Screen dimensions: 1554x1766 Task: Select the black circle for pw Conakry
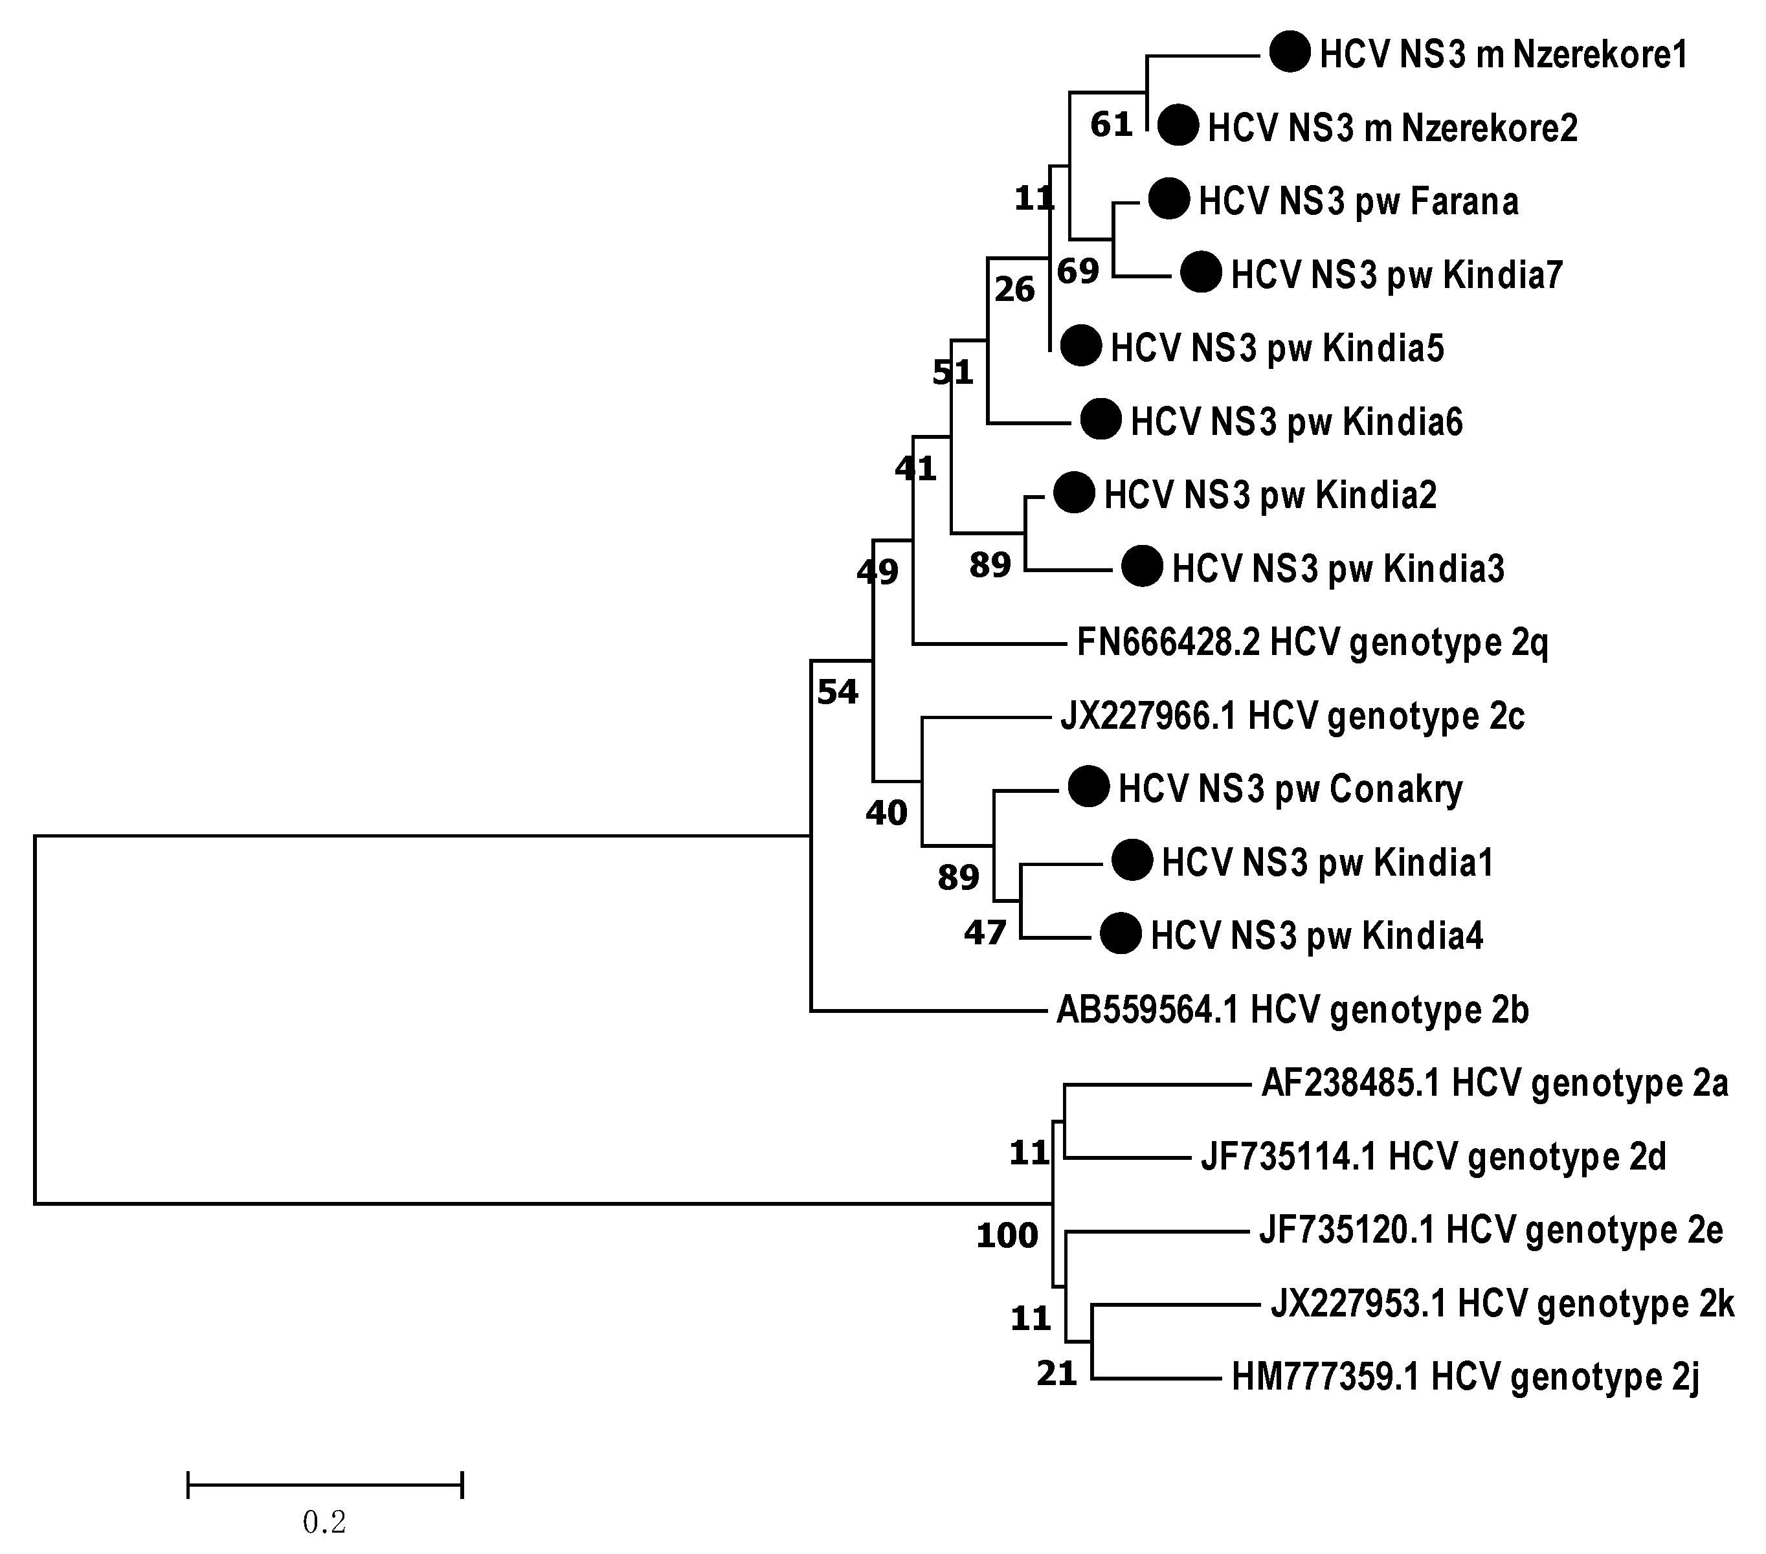[1089, 787]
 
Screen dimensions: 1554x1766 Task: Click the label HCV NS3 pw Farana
[1358, 201]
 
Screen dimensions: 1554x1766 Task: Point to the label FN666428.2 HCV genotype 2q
[1312, 642]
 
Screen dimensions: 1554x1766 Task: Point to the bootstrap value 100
[1007, 1236]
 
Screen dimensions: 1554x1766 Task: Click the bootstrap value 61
[1110, 126]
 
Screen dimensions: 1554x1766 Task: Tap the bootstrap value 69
[1077, 272]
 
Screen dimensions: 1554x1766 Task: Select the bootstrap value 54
[837, 692]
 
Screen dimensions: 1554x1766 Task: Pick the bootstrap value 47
[985, 933]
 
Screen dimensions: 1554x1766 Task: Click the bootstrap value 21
[1056, 1373]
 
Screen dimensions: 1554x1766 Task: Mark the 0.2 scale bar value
[324, 1522]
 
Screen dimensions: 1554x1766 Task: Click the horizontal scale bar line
[325, 1485]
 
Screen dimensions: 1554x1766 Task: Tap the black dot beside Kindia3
[1142, 568]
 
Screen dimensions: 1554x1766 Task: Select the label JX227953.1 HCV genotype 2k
[1502, 1304]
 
